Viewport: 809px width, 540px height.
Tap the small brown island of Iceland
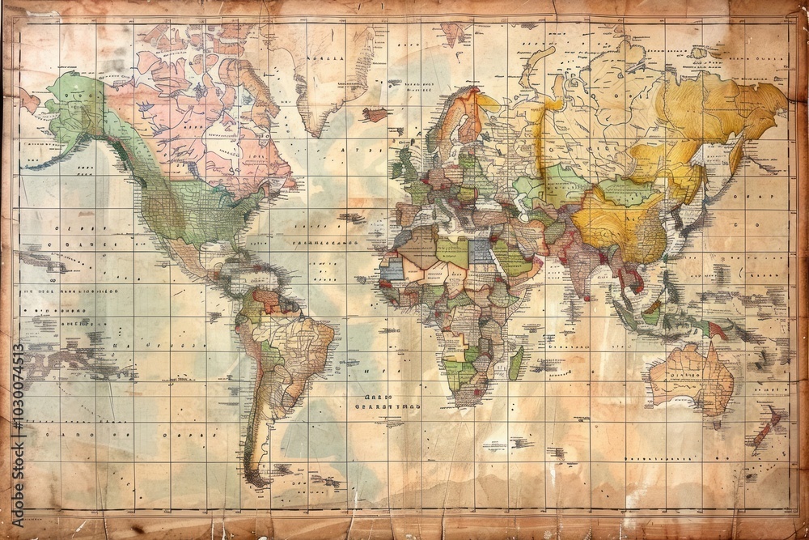[375, 114]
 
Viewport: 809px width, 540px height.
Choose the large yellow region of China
[615, 219]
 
